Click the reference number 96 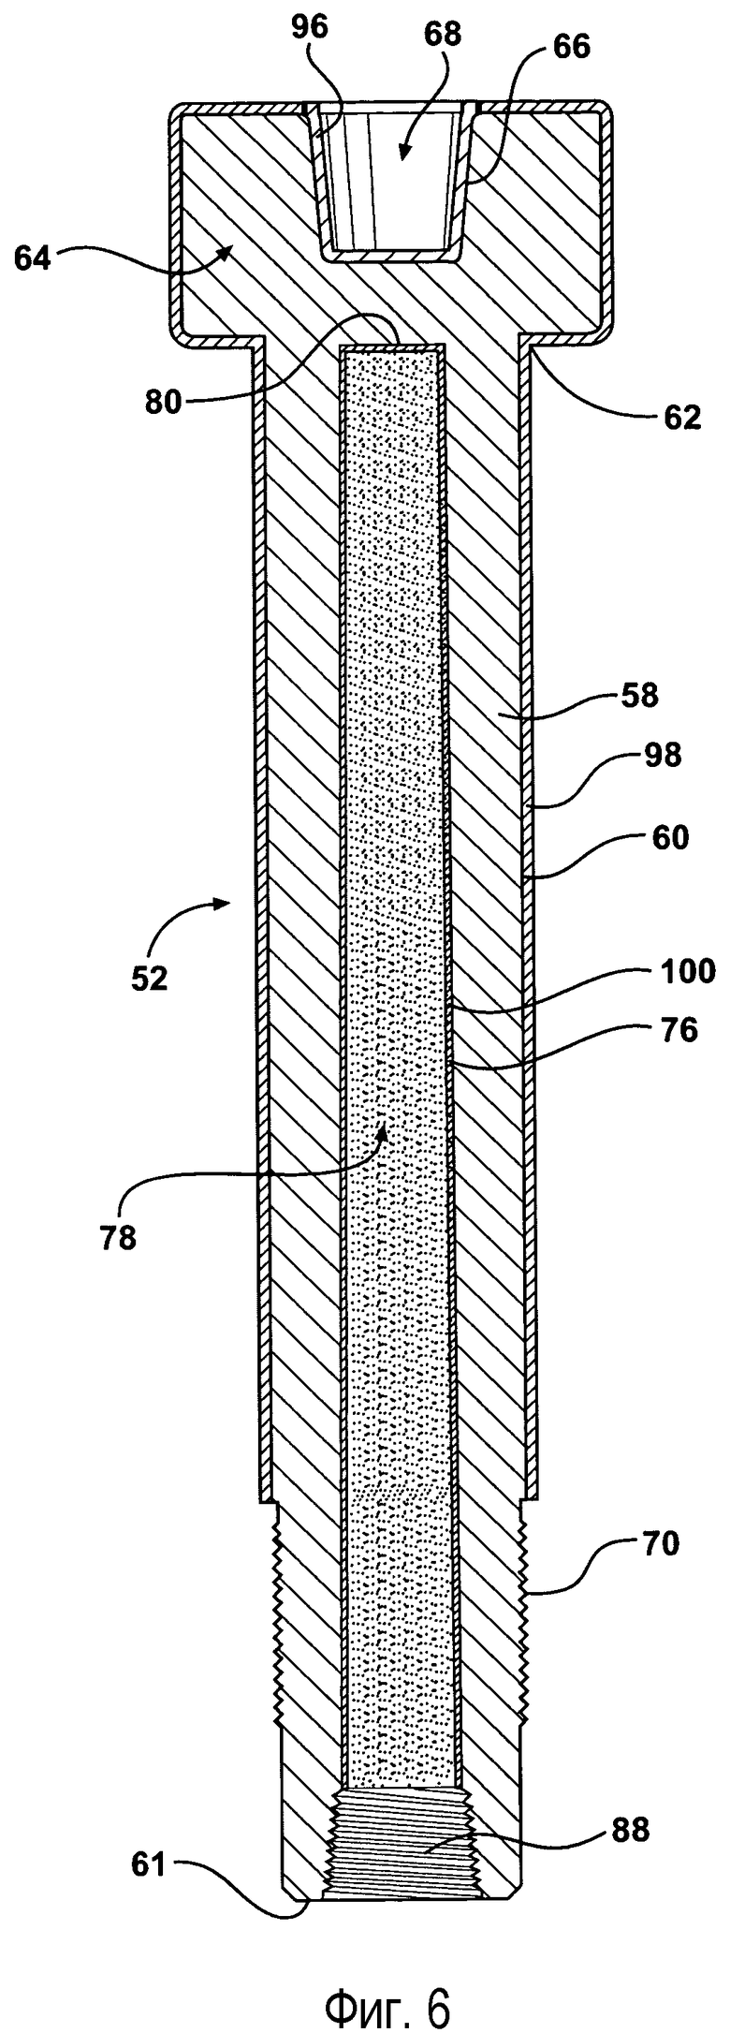point(309,27)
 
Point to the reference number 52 point(149,979)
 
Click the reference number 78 point(117,1237)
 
